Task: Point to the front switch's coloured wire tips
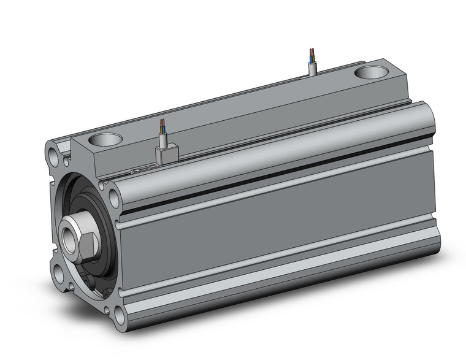(162, 125)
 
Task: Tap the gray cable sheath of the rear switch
(313, 68)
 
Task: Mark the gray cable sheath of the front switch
(163, 140)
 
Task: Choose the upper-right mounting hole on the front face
(113, 196)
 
